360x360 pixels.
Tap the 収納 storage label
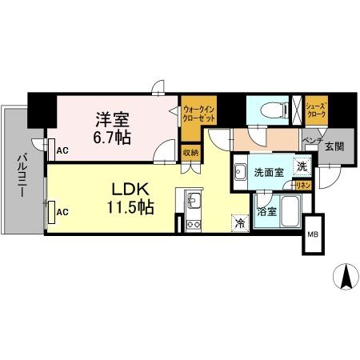click(x=190, y=151)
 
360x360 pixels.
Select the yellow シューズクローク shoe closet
click(x=314, y=109)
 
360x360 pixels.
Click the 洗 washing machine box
click(x=301, y=167)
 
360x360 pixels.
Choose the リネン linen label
click(x=302, y=185)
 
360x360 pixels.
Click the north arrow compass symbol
click(x=346, y=276)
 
